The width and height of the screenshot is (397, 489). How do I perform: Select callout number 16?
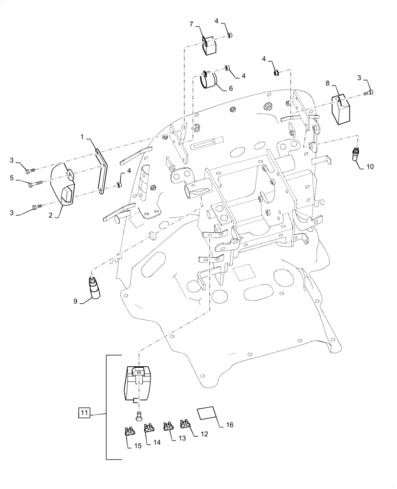point(230,424)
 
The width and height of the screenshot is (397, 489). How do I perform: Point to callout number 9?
point(76,302)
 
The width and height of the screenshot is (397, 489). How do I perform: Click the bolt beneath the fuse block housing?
point(139,415)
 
